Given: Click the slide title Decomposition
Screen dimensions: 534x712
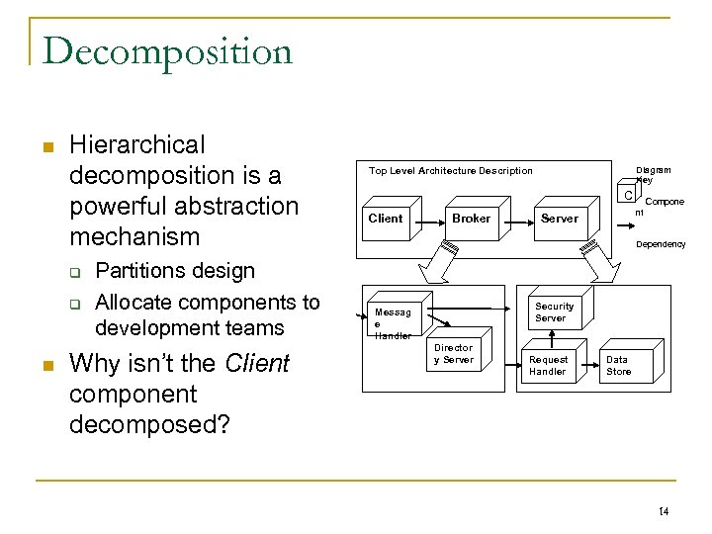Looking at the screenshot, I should coord(167,50).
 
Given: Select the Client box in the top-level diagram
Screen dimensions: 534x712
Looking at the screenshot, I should coord(386,219).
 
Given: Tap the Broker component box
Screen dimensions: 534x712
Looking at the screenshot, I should coord(471,219).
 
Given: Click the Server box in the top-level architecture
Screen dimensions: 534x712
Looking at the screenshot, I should coord(560,219).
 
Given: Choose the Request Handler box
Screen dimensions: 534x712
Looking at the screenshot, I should coord(548,366).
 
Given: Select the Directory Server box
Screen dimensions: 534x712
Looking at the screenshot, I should coord(454,354).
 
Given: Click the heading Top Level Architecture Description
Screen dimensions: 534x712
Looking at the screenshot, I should coord(450,171).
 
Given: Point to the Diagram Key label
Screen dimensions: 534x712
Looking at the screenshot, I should coord(652,175).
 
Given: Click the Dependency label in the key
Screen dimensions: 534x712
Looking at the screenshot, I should coord(660,244).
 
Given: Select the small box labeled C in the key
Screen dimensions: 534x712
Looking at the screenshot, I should coord(628,195).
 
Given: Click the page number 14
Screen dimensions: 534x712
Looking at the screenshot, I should coord(663,510).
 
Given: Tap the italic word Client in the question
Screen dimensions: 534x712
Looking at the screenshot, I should coord(257,364).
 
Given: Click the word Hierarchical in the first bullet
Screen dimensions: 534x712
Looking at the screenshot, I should coord(137,145).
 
